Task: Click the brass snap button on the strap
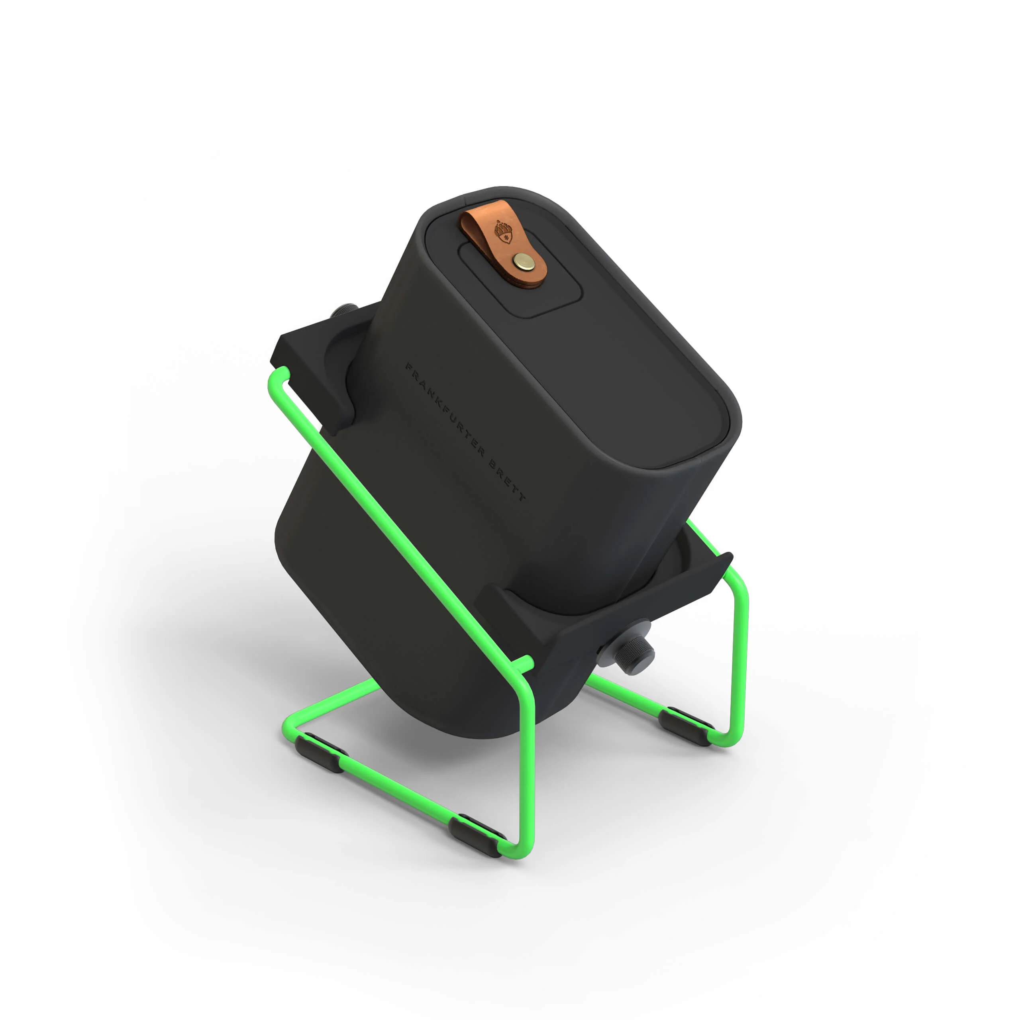pos(523,259)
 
